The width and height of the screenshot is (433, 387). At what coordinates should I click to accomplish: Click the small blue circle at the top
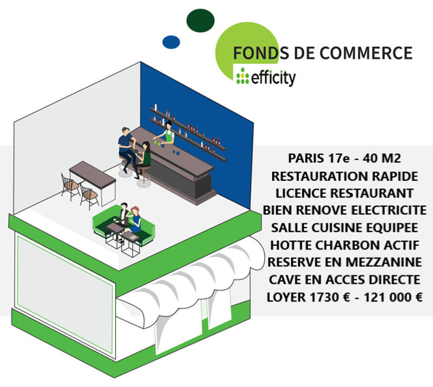(171, 42)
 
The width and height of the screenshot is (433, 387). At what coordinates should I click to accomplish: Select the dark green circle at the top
(201, 20)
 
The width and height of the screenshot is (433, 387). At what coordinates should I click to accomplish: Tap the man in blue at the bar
(127, 146)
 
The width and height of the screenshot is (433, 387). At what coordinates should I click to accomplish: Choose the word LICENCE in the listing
(302, 193)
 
